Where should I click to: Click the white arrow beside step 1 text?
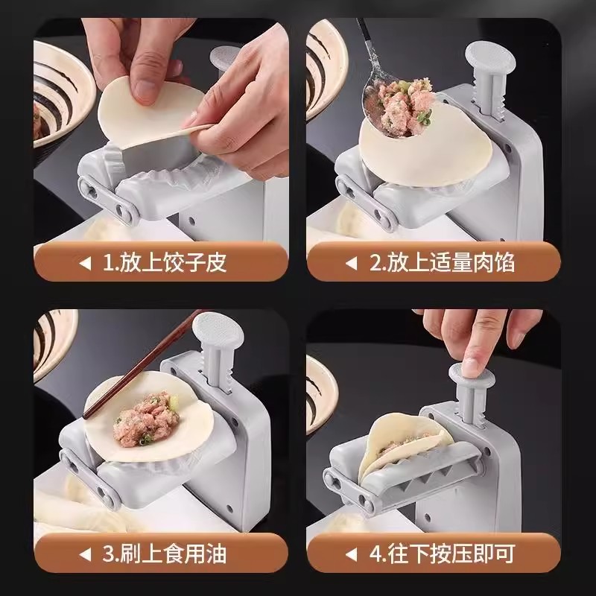coord(86,263)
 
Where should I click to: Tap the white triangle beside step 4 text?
coord(352,554)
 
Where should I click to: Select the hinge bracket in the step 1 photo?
coord(107,200)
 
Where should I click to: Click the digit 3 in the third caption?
coord(107,554)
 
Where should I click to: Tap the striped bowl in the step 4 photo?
coord(322,396)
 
